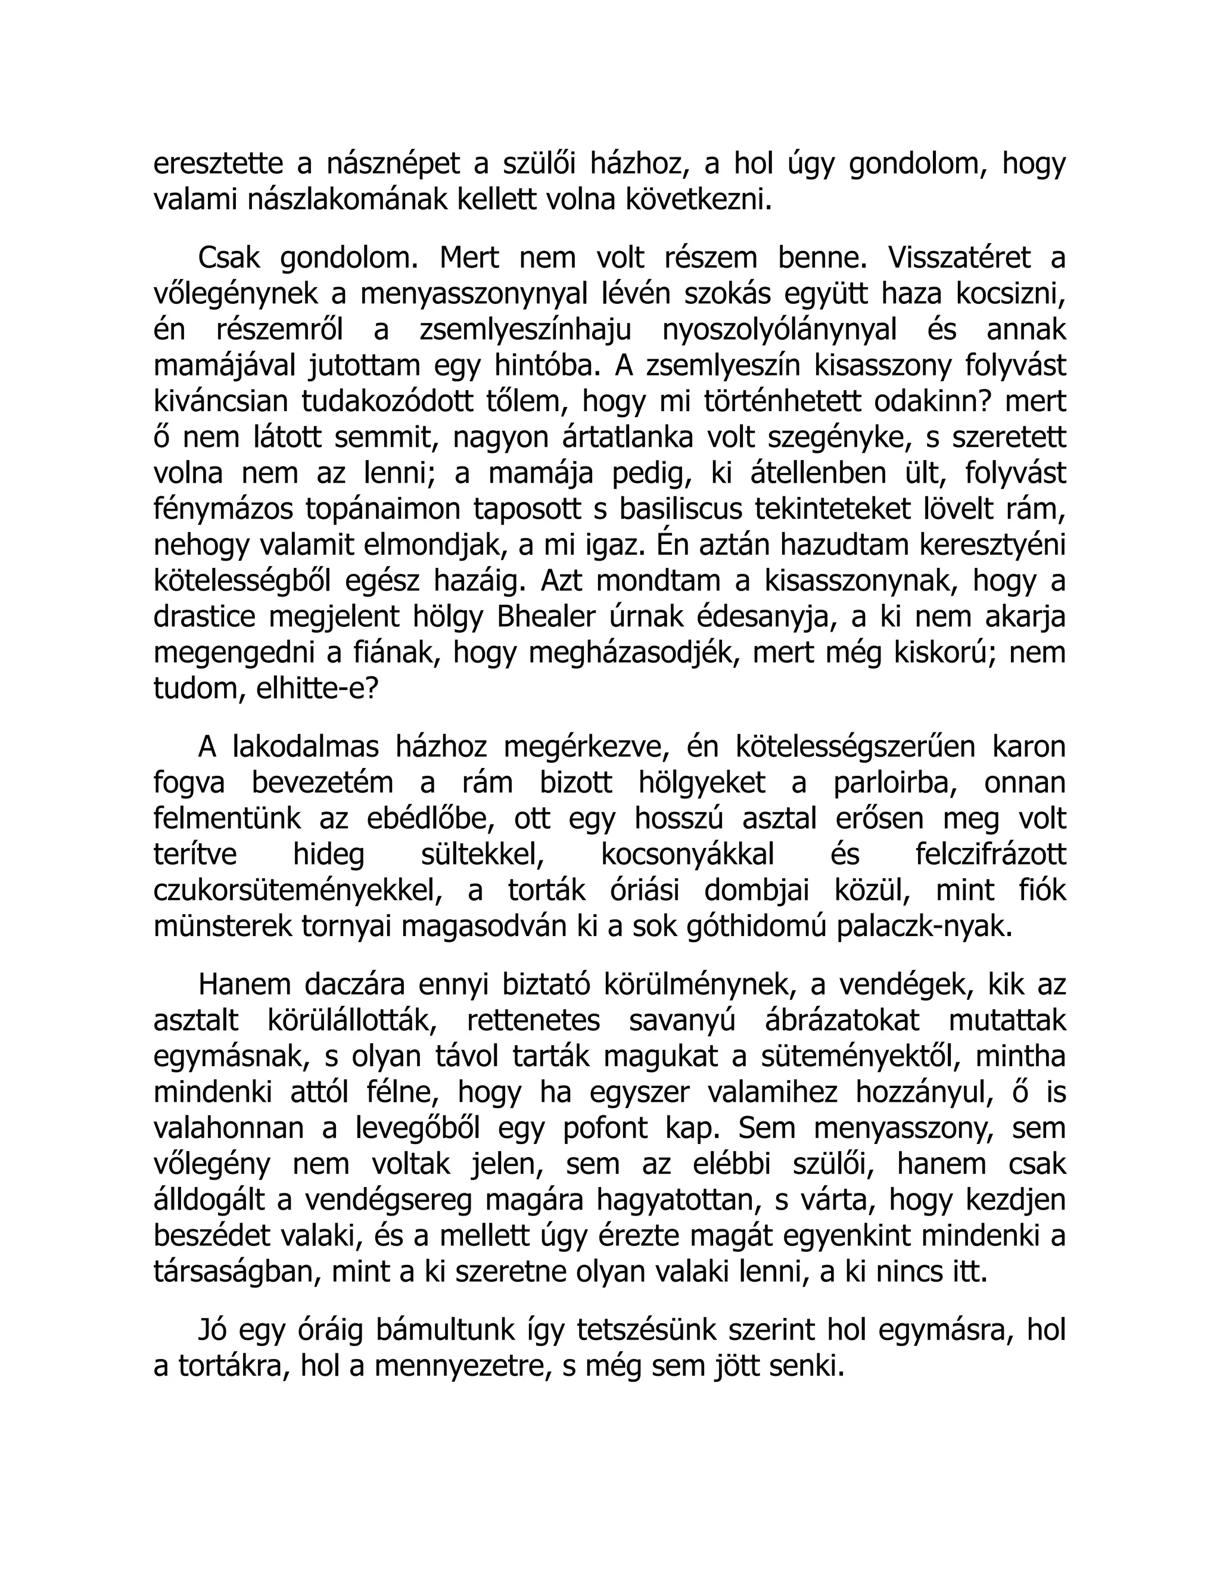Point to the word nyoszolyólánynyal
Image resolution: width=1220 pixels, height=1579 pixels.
coord(779,330)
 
